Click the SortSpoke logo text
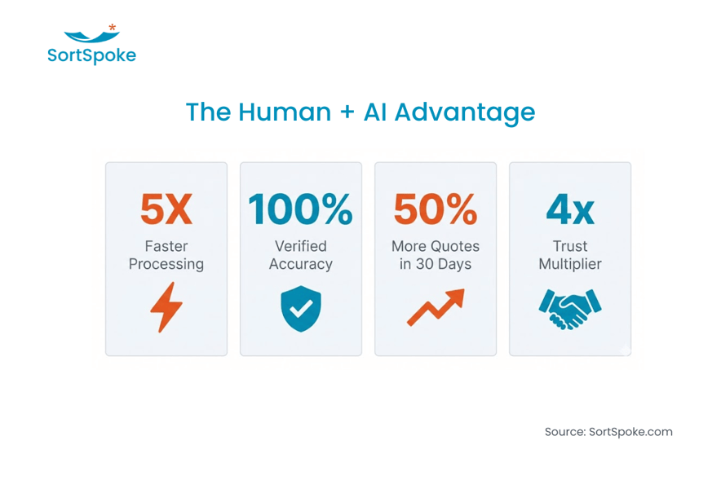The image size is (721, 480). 91,55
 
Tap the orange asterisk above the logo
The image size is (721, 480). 113,29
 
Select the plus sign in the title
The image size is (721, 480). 347,112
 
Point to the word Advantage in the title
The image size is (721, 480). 465,112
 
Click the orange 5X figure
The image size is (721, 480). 166,209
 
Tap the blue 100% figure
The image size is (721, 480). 300,209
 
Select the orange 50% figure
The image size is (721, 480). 435,209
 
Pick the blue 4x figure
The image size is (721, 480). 569,209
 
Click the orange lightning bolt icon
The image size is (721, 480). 166,307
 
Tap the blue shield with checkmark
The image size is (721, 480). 300,308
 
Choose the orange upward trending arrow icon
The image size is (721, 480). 436,307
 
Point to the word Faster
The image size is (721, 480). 166,246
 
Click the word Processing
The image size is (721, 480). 166,264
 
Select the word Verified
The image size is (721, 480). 300,246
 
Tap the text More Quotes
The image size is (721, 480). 435,246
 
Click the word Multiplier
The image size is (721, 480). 569,264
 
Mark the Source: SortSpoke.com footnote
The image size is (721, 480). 608,432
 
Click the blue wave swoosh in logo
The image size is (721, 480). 91,37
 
